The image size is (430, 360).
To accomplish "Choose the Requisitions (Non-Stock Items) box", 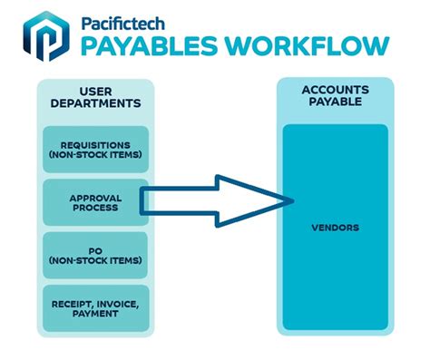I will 95,149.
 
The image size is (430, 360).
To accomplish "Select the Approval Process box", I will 95,200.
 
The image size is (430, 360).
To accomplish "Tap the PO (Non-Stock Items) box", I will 95,255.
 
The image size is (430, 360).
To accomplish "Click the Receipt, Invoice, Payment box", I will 95,307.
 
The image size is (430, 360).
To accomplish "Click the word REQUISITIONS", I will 95,143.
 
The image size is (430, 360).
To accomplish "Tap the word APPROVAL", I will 95,195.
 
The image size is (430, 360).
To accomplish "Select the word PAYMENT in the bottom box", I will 95,314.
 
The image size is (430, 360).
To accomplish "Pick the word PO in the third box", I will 95,249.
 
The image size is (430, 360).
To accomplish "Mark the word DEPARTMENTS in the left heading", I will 94,104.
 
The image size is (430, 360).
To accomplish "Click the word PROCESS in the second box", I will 95,207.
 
